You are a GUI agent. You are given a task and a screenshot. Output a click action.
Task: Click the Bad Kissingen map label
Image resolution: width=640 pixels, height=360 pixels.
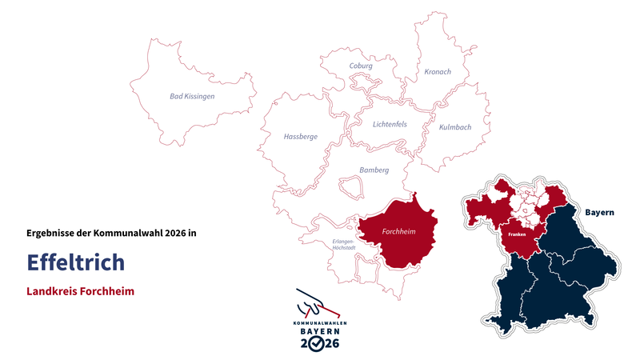click(x=192, y=96)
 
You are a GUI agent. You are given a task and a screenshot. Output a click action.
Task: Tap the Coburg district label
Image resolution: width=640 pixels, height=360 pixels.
click(x=362, y=66)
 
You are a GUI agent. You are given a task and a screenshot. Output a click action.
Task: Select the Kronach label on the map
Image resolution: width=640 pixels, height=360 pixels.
click(x=438, y=72)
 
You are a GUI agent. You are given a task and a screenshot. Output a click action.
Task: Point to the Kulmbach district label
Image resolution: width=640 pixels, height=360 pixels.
click(x=455, y=127)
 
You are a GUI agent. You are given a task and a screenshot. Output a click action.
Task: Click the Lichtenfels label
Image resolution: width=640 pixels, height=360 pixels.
click(x=390, y=124)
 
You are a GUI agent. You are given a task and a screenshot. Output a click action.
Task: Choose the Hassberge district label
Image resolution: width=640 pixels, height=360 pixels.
click(x=301, y=137)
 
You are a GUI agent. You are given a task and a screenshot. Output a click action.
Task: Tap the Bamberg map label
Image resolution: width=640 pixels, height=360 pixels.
click(x=374, y=170)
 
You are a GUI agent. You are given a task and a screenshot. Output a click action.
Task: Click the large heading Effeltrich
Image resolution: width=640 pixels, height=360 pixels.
click(x=75, y=262)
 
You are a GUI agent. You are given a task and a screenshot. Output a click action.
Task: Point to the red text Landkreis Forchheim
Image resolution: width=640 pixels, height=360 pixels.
click(x=80, y=291)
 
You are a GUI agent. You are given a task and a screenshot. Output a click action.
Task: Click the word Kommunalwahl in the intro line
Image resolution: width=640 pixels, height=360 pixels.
click(x=124, y=233)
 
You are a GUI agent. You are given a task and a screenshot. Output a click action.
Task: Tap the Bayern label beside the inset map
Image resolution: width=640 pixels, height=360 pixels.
click(x=599, y=213)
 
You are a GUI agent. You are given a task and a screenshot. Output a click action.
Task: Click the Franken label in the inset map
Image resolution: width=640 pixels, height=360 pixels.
click(x=517, y=235)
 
